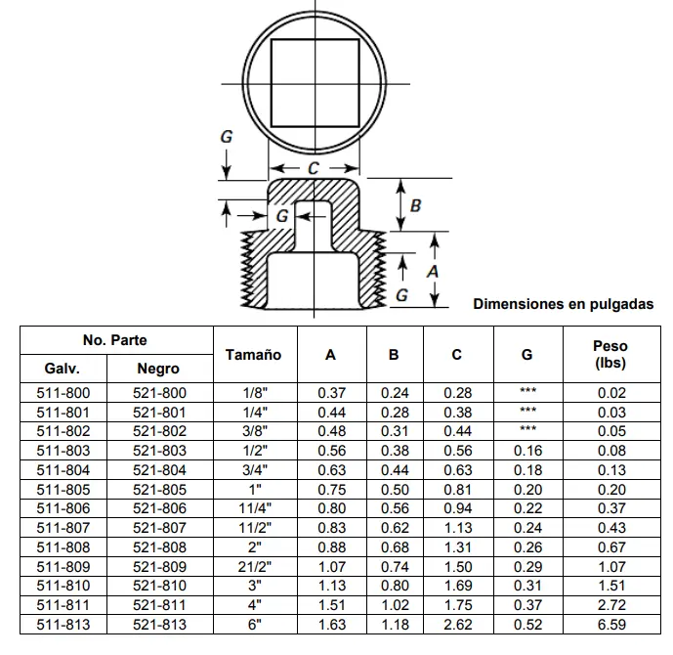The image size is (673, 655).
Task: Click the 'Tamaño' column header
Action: click(x=253, y=355)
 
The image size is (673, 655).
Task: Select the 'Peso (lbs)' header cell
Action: click(x=610, y=354)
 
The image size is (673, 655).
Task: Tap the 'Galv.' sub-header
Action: click(x=62, y=369)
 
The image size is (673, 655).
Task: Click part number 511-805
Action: click(x=63, y=489)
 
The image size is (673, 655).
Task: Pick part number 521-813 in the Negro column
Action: click(x=159, y=624)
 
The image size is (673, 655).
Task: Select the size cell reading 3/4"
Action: click(x=253, y=469)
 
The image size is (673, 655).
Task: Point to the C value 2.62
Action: click(x=457, y=624)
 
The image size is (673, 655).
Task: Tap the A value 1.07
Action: click(x=331, y=566)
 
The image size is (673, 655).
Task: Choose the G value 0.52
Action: click(x=528, y=624)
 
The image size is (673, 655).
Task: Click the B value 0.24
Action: click(x=394, y=393)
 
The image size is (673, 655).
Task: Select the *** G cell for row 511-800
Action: click(x=528, y=393)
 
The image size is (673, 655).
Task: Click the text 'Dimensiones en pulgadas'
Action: click(x=563, y=304)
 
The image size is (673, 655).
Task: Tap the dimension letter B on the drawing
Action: click(x=415, y=205)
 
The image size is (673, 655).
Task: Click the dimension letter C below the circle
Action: click(x=313, y=168)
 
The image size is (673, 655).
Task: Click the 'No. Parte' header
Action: click(x=115, y=340)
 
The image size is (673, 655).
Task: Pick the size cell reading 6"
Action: click(x=253, y=624)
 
